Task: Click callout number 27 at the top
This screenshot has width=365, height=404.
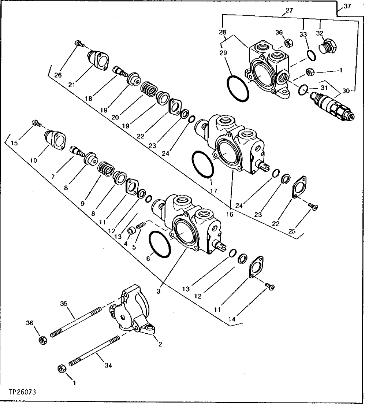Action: (x=289, y=11)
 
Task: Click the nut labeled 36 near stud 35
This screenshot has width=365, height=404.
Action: (x=42, y=340)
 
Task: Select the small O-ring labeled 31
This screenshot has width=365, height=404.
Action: (x=302, y=89)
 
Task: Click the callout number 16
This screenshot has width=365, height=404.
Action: (x=230, y=215)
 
